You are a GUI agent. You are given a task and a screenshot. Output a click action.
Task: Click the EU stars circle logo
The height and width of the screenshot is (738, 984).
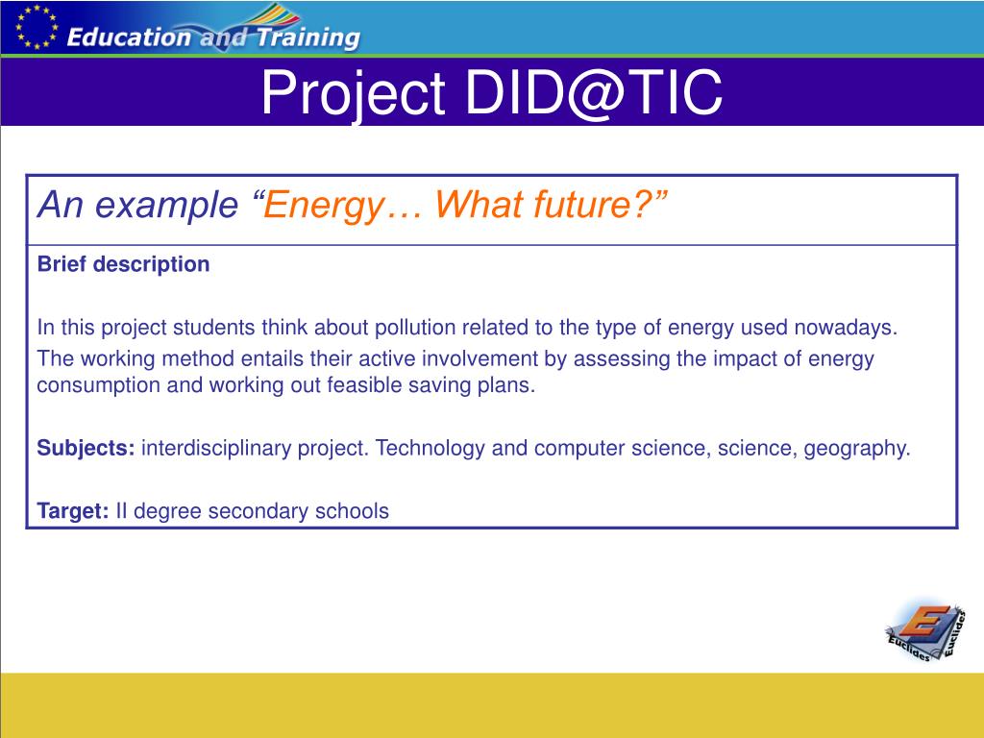tap(37, 27)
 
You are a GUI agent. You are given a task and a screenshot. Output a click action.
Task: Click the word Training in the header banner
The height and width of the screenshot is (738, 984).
tap(308, 37)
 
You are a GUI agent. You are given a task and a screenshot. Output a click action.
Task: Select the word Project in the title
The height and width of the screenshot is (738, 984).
tap(353, 94)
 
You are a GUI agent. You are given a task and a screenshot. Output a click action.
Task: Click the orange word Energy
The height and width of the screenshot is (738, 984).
tap(323, 206)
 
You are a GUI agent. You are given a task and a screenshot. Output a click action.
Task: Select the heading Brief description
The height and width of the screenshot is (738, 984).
tap(123, 264)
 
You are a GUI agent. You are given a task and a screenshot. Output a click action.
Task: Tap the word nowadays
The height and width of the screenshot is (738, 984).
tap(846, 329)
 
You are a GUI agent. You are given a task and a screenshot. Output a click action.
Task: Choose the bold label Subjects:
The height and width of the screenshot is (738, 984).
tap(86, 448)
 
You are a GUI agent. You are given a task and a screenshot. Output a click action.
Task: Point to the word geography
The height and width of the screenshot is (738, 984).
tap(856, 449)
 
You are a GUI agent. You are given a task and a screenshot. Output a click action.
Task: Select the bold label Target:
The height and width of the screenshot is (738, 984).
tap(73, 511)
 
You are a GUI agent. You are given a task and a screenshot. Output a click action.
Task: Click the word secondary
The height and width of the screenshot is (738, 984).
tap(258, 511)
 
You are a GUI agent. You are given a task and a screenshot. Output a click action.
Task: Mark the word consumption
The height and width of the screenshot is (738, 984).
tap(99, 385)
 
